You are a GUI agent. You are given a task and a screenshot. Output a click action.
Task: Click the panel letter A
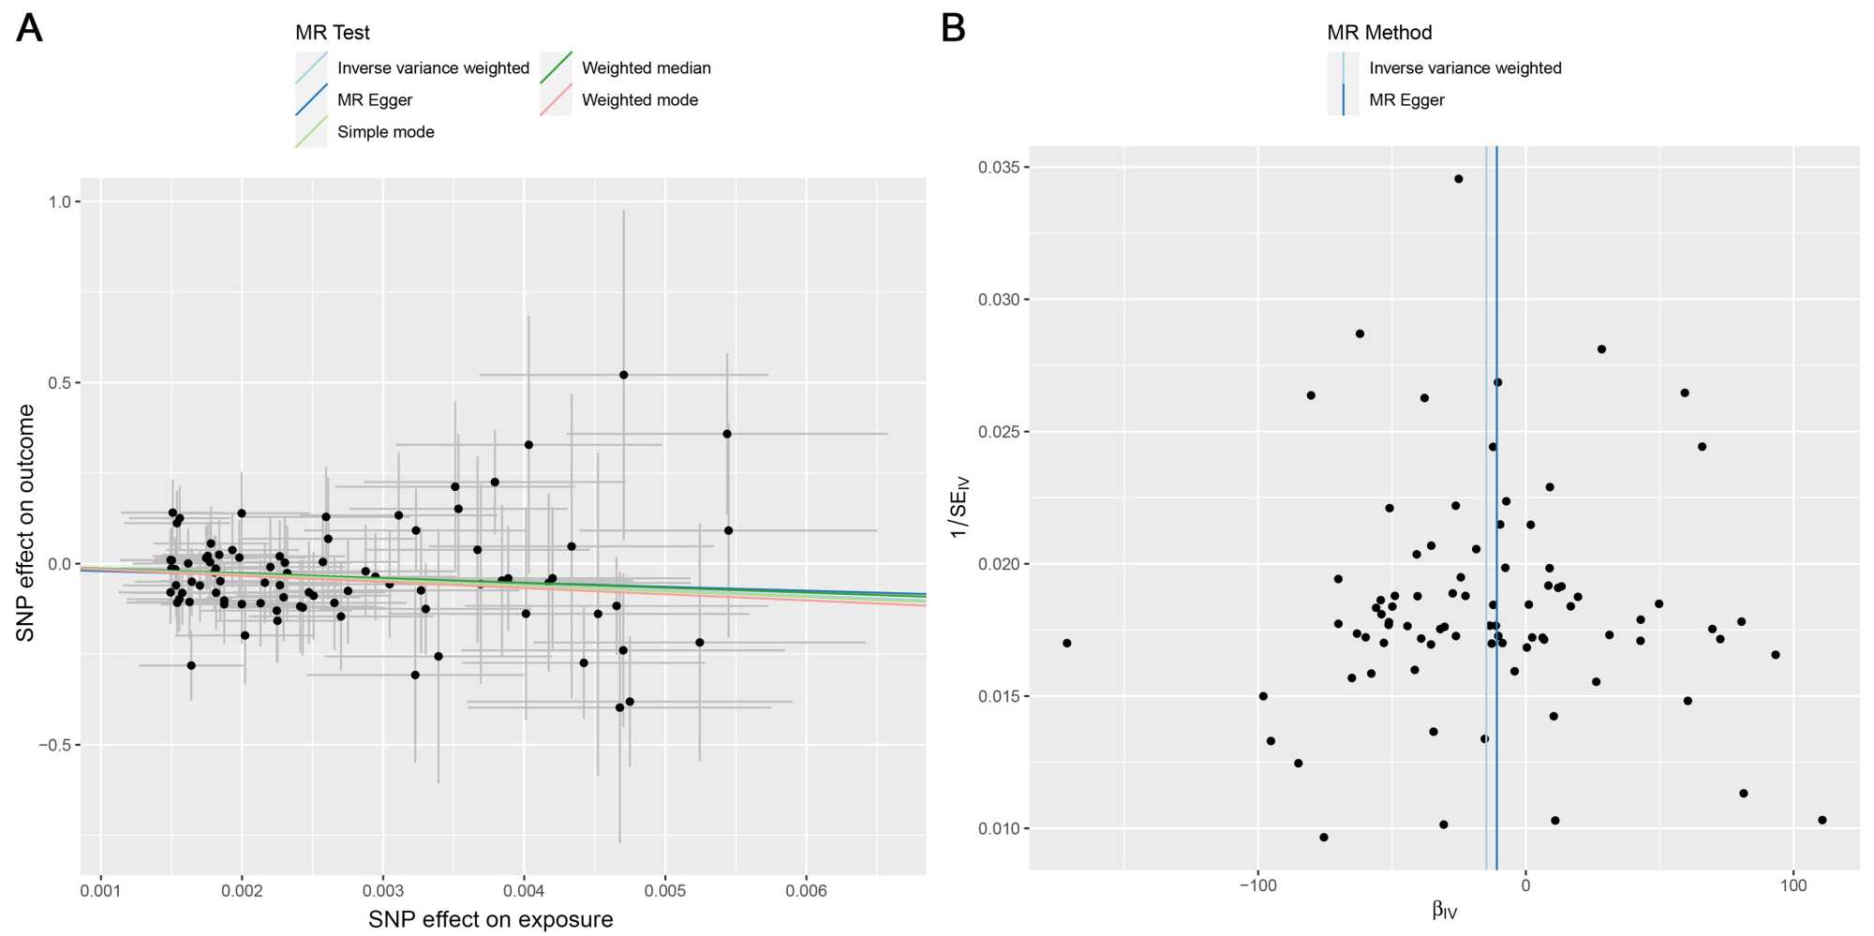pos(29,28)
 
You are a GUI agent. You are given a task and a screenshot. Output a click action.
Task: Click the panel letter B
pos(953,28)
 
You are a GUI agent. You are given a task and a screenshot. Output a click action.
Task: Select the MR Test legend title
pos(332,33)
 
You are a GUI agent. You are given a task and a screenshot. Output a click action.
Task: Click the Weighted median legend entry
pos(646,68)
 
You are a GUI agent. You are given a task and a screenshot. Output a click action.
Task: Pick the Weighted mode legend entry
pos(639,100)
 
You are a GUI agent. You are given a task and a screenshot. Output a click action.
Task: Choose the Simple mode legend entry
pos(385,132)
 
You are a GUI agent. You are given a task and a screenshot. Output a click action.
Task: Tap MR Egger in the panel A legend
pos(374,100)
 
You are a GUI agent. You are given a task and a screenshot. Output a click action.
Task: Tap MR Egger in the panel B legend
pos(1405,100)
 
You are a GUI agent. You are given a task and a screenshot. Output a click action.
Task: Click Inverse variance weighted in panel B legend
pos(1465,68)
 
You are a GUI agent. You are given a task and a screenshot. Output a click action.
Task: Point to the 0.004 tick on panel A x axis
pos(524,891)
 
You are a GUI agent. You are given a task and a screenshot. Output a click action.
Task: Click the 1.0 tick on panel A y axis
pos(60,202)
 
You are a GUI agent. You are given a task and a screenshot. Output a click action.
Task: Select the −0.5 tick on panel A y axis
pos(55,746)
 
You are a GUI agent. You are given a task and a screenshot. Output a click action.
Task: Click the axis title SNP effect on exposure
pos(490,920)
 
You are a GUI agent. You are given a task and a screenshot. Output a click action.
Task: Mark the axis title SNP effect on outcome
pos(25,523)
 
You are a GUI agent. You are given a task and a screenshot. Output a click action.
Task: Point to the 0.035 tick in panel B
pos(998,168)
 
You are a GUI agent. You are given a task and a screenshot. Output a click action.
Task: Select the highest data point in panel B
pos(1458,179)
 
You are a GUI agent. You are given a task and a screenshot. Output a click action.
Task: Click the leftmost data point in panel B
pos(1066,644)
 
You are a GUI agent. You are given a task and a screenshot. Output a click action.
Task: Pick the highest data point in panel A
pos(623,375)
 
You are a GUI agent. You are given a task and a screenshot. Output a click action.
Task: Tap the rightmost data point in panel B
pos(1822,820)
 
